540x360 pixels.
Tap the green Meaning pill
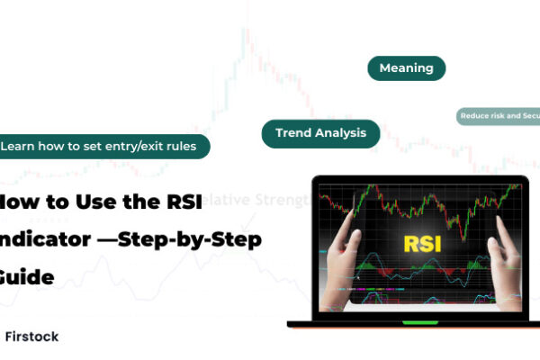click(406, 67)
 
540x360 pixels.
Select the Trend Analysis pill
click(320, 133)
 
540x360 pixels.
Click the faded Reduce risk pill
click(499, 116)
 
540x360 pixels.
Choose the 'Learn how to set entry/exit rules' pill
click(103, 145)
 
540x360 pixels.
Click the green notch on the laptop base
click(414, 322)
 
